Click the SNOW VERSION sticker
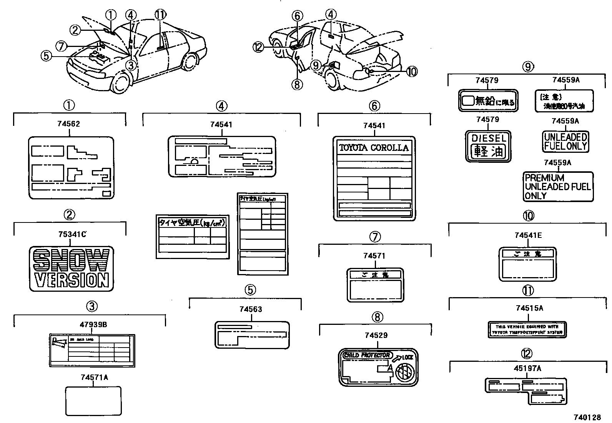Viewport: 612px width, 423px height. point(71,268)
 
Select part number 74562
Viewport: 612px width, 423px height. point(68,124)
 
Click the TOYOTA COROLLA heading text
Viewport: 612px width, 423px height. point(374,148)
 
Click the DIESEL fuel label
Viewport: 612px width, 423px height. point(488,146)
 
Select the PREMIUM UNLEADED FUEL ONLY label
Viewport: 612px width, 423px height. point(558,187)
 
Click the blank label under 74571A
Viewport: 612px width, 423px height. point(93,401)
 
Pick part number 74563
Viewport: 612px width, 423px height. point(251,309)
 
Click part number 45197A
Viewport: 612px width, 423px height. point(527,368)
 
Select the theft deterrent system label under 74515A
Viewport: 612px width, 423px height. point(527,329)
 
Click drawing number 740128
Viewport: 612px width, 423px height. point(587,417)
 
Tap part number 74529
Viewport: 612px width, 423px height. point(376,335)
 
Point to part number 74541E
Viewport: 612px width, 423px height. point(528,235)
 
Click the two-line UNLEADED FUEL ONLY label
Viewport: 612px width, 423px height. point(565,141)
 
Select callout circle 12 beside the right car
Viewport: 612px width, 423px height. point(258,47)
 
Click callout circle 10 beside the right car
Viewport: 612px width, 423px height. point(411,72)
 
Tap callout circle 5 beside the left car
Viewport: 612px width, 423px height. point(46,56)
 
